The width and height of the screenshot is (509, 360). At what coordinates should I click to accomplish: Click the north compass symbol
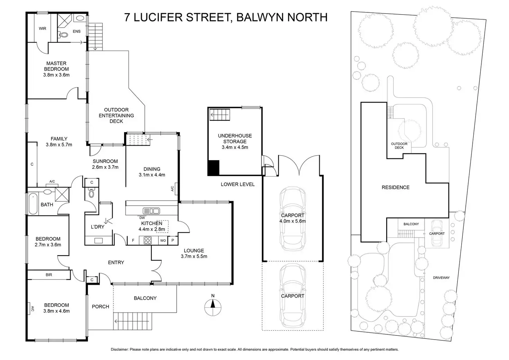213,304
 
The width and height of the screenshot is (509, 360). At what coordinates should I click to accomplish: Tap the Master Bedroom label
56,66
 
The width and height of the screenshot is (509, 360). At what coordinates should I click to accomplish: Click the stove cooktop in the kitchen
148,240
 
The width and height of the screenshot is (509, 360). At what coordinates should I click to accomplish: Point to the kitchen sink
151,211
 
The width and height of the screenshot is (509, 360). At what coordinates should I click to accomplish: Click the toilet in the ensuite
63,34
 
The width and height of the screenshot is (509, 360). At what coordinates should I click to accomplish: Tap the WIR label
42,29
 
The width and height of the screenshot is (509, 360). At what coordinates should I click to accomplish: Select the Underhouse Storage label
235,139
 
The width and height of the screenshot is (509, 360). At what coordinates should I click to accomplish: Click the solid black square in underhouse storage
213,168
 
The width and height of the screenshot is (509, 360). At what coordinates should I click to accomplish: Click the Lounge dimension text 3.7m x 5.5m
194,256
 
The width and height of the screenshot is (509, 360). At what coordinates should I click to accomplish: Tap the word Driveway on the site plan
441,278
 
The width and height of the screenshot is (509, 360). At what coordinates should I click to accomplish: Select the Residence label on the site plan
396,187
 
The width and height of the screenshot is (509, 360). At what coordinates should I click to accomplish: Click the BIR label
49,275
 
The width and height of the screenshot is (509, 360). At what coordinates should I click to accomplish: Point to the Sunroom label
105,161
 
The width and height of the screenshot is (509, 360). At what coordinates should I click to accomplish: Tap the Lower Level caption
238,184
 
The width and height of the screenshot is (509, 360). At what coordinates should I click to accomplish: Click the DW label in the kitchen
142,218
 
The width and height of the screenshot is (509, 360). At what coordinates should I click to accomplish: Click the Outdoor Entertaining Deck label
116,116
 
